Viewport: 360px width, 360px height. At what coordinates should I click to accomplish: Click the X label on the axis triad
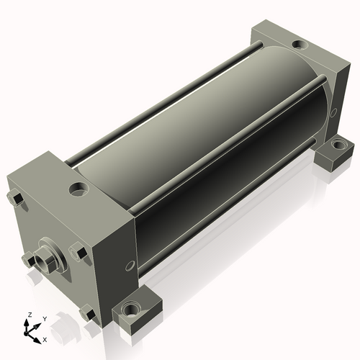point(45,340)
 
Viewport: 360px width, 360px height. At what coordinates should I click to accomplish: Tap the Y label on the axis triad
point(45,319)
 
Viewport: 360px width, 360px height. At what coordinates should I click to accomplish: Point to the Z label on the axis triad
point(30,315)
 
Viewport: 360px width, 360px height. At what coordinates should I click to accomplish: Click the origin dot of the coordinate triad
point(26,333)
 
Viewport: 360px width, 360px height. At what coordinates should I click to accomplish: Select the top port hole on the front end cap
point(78,189)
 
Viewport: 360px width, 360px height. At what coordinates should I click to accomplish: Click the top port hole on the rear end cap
point(300,45)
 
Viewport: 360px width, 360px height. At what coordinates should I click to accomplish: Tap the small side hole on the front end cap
point(130,266)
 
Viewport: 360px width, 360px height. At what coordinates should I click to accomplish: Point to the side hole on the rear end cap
point(333,112)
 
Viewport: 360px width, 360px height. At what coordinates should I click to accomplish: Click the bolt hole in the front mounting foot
point(130,310)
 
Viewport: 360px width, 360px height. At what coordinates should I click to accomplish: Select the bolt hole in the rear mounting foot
point(338,145)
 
